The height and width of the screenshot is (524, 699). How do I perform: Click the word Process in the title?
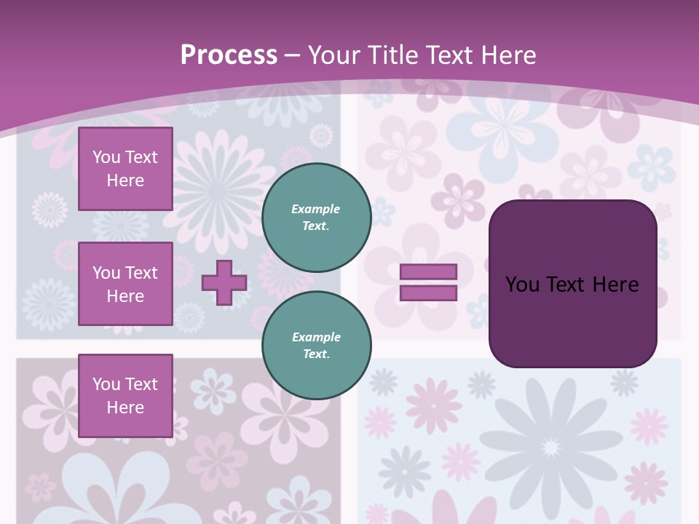(x=229, y=55)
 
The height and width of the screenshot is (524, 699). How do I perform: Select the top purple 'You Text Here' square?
(x=125, y=169)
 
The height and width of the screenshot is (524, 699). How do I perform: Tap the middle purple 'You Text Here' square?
(x=125, y=284)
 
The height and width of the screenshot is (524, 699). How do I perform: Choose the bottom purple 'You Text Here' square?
(x=125, y=395)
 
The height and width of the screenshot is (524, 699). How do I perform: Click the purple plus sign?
(x=224, y=282)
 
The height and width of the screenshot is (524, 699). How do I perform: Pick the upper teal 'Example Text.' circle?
(x=316, y=218)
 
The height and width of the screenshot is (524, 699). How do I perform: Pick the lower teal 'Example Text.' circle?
(x=316, y=346)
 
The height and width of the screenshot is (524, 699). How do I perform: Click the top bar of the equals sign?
(x=428, y=271)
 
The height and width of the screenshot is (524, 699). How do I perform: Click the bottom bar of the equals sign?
(x=428, y=293)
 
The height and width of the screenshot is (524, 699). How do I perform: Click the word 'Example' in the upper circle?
(x=316, y=209)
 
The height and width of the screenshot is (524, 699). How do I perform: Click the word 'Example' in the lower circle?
(x=316, y=337)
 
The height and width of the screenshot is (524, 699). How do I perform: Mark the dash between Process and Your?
(x=293, y=56)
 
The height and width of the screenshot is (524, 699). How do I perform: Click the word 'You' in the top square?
(x=106, y=157)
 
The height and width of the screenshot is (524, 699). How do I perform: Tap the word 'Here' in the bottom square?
(x=125, y=408)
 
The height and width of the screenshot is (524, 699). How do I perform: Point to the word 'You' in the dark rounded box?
(x=522, y=285)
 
